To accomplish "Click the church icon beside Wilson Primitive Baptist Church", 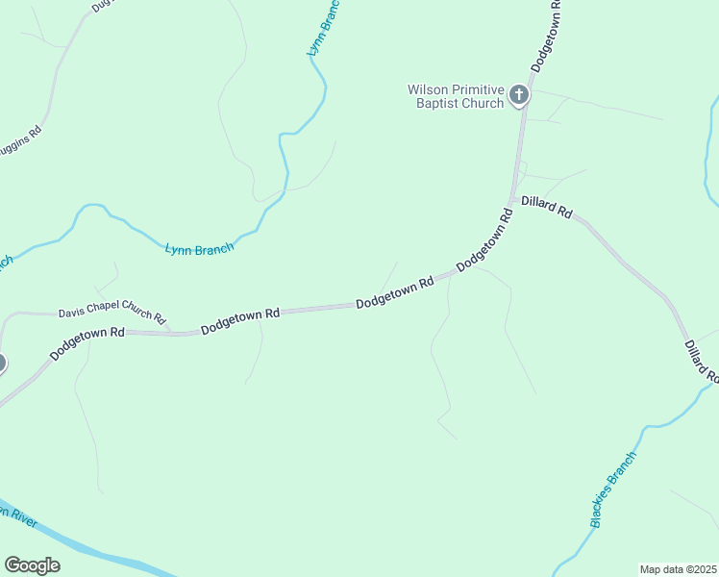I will click(519, 94).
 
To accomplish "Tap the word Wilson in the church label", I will click(428, 89).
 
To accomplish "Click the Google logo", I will click(32, 565).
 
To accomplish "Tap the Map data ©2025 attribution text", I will click(678, 569).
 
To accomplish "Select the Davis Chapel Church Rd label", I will click(112, 314).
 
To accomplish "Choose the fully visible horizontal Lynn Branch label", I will click(199, 250).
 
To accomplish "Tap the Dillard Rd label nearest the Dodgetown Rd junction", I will click(546, 207).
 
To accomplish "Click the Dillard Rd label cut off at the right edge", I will click(702, 360).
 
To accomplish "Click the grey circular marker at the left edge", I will click(1, 363).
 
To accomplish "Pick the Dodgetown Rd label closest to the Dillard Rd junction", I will click(484, 238).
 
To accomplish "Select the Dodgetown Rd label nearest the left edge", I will click(87, 343).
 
